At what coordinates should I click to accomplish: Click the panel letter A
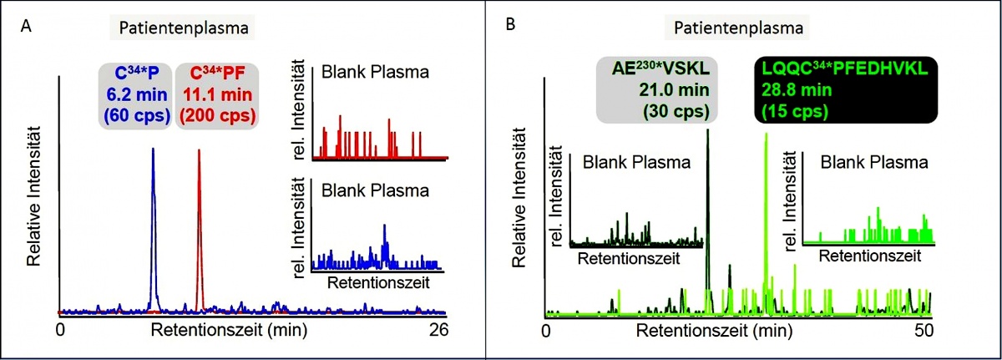click(28, 28)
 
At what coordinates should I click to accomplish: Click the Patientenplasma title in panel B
click(736, 28)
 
